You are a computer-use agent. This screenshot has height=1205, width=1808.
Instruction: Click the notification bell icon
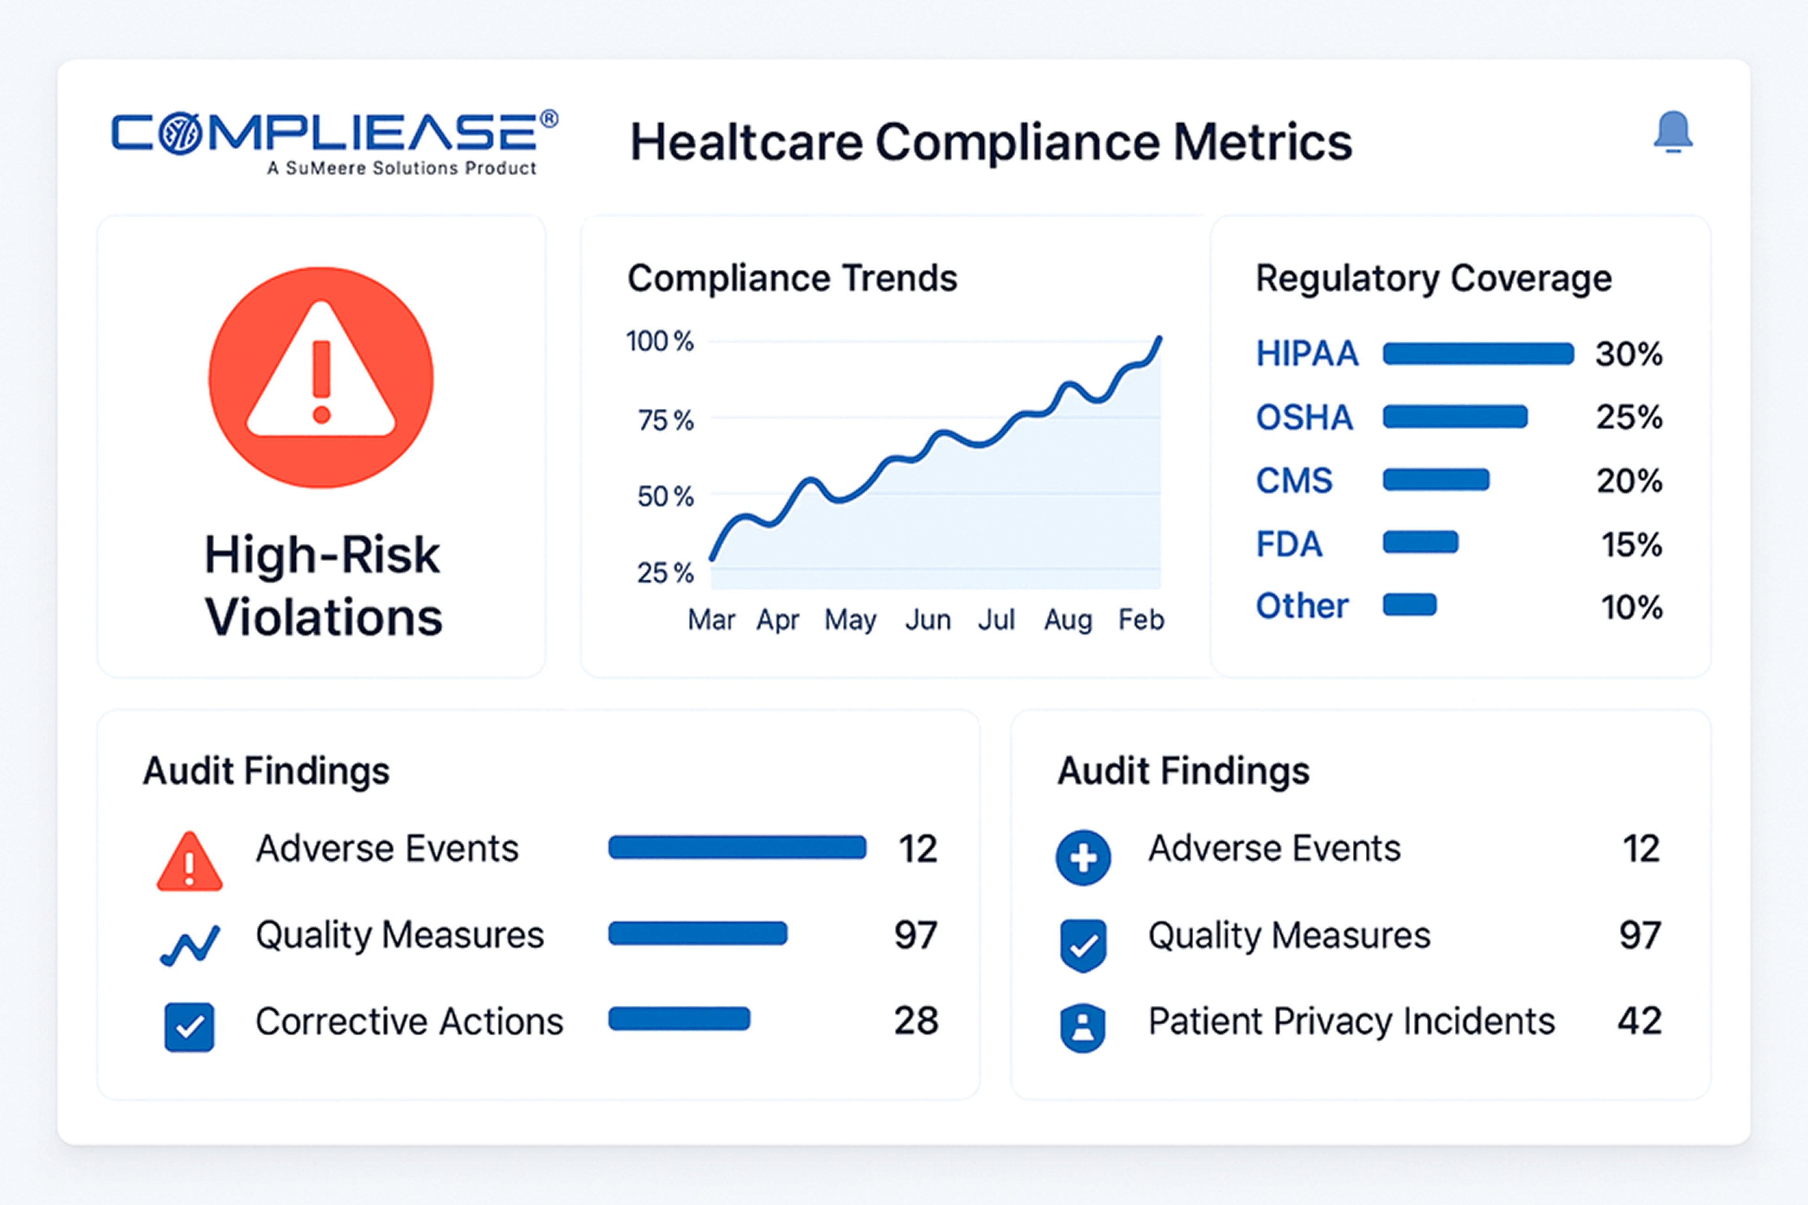tap(1673, 132)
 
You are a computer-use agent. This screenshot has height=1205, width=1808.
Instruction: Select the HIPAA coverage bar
tap(1477, 354)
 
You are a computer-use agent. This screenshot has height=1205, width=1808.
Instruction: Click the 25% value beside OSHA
tap(1629, 417)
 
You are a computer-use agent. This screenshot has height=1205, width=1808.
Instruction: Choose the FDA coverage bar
tap(1420, 543)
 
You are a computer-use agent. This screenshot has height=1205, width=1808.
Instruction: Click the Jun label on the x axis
tap(927, 619)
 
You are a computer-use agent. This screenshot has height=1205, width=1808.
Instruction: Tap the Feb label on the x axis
tap(1141, 619)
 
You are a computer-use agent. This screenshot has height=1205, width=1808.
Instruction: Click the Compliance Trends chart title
tap(792, 278)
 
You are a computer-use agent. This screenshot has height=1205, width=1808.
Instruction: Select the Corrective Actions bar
tap(679, 1019)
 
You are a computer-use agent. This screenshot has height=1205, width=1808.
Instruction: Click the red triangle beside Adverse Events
tap(189, 862)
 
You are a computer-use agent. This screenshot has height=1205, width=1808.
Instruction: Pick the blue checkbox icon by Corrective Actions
tap(189, 1027)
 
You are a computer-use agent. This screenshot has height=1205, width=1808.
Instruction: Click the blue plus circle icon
tap(1082, 858)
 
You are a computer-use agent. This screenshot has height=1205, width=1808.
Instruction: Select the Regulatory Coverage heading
tap(1433, 278)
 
